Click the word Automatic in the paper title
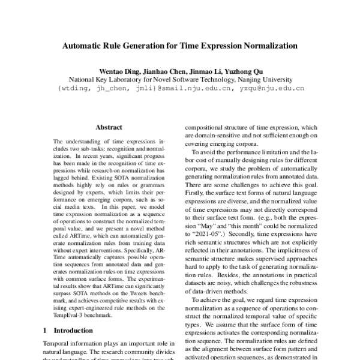(x=86, y=45)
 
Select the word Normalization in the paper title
(x=268, y=45)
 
